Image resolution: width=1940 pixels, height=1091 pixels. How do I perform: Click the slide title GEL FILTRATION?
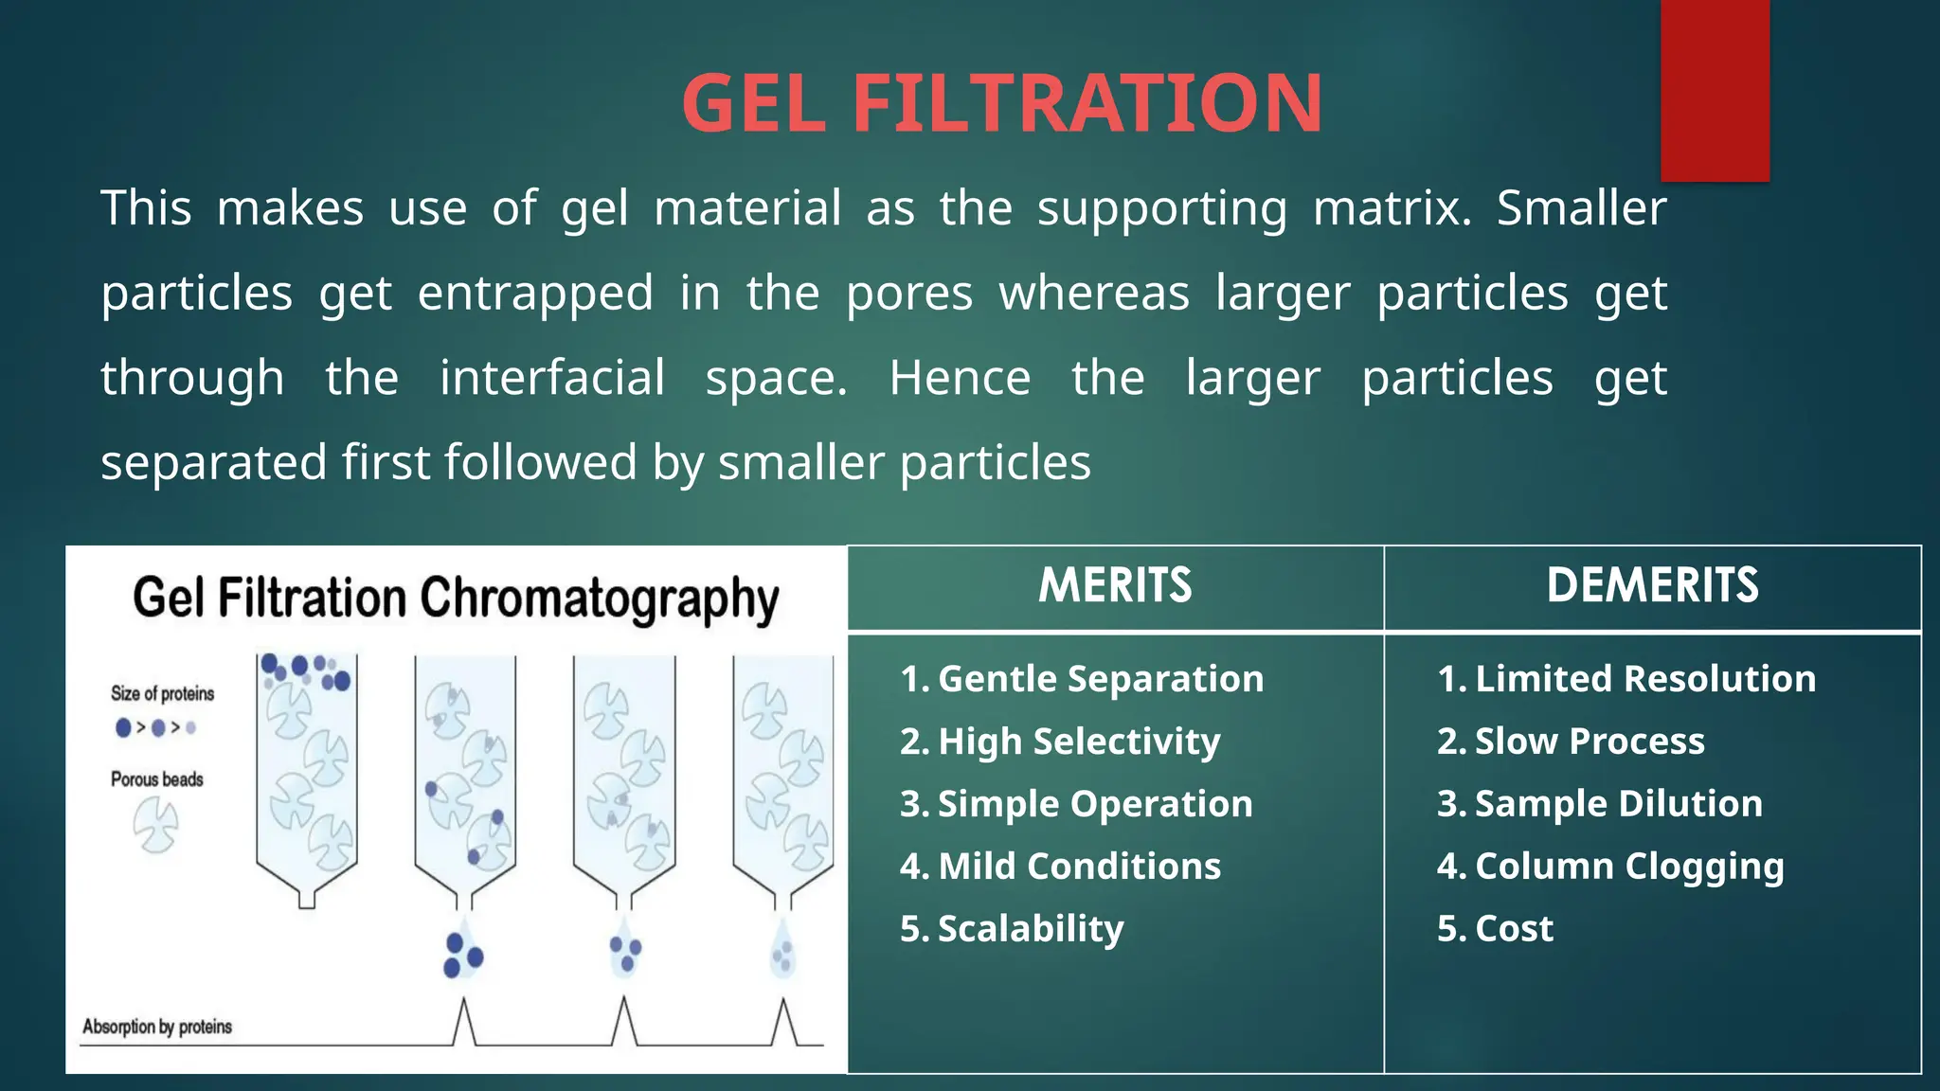coord(1001,103)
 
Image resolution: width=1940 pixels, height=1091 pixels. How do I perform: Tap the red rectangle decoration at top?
coord(1715,90)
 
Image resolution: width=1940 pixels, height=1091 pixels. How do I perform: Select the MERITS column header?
coord(1115,585)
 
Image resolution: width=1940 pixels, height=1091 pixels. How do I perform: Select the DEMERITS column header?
coord(1652,585)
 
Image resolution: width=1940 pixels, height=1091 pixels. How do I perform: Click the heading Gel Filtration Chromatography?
coord(456,599)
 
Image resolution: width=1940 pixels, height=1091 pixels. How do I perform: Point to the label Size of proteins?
coord(162,693)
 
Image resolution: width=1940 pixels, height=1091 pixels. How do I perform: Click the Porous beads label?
coord(157,779)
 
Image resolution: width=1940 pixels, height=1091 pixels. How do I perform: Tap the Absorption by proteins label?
coord(157,1027)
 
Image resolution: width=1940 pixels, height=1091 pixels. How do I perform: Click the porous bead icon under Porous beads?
coord(155,824)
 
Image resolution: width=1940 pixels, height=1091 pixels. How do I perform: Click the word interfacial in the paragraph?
coord(552,378)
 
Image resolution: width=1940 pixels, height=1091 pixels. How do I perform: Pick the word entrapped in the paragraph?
coord(535,293)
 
